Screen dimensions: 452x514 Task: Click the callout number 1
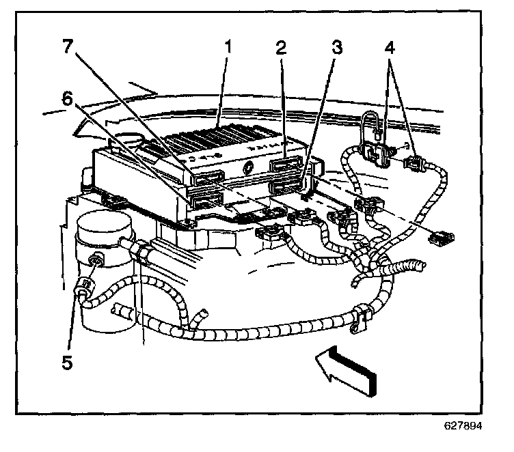[228, 47]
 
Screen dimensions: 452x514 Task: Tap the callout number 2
[280, 47]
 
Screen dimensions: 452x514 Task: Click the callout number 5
[66, 363]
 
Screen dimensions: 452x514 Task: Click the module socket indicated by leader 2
[286, 166]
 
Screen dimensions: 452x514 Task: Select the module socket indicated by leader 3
[287, 185]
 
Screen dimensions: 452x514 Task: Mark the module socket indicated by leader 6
[204, 199]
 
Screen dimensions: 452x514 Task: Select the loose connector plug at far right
[441, 238]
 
